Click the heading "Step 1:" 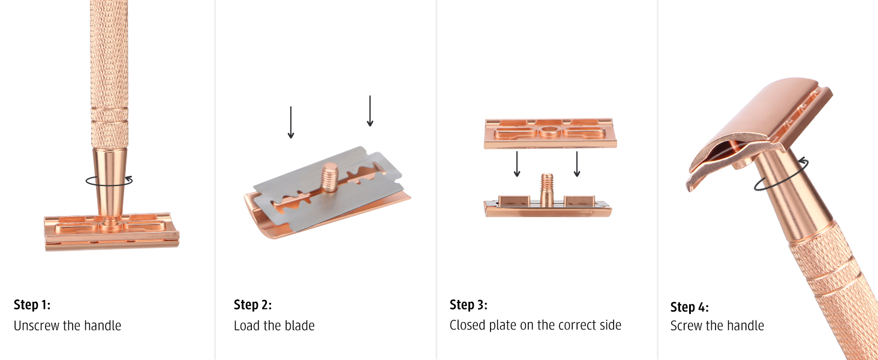tap(32, 305)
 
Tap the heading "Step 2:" tap(253, 305)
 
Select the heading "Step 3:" tap(468, 305)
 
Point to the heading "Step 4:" tap(690, 307)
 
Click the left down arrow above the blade tap(291, 122)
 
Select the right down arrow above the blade tap(370, 111)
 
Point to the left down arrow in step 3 tap(517, 164)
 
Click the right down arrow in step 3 tap(577, 164)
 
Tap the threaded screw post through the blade tap(330, 177)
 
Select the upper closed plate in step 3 tap(551, 133)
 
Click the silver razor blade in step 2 tap(329, 188)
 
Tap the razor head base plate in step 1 tap(112, 232)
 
